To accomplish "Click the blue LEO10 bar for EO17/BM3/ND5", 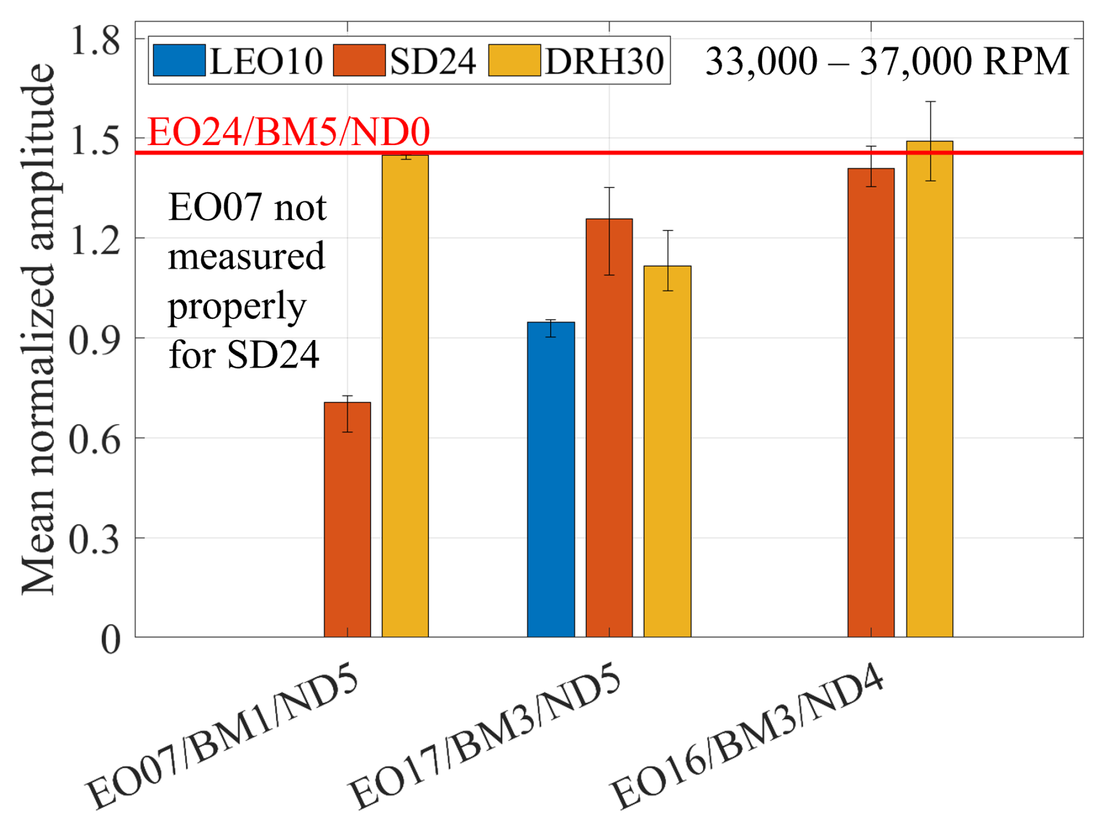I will (551, 479).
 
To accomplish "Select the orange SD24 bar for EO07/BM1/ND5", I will (347, 519).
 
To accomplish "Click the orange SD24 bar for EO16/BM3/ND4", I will (871, 403).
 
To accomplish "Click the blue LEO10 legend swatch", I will (179, 60).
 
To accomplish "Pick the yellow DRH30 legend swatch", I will (514, 60).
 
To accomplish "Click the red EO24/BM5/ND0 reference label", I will (289, 132).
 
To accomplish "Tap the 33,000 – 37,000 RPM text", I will (887, 61).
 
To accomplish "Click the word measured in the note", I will (246, 256).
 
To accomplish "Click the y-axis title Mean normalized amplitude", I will (38, 328).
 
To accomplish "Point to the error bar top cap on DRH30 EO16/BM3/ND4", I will (930, 102).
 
